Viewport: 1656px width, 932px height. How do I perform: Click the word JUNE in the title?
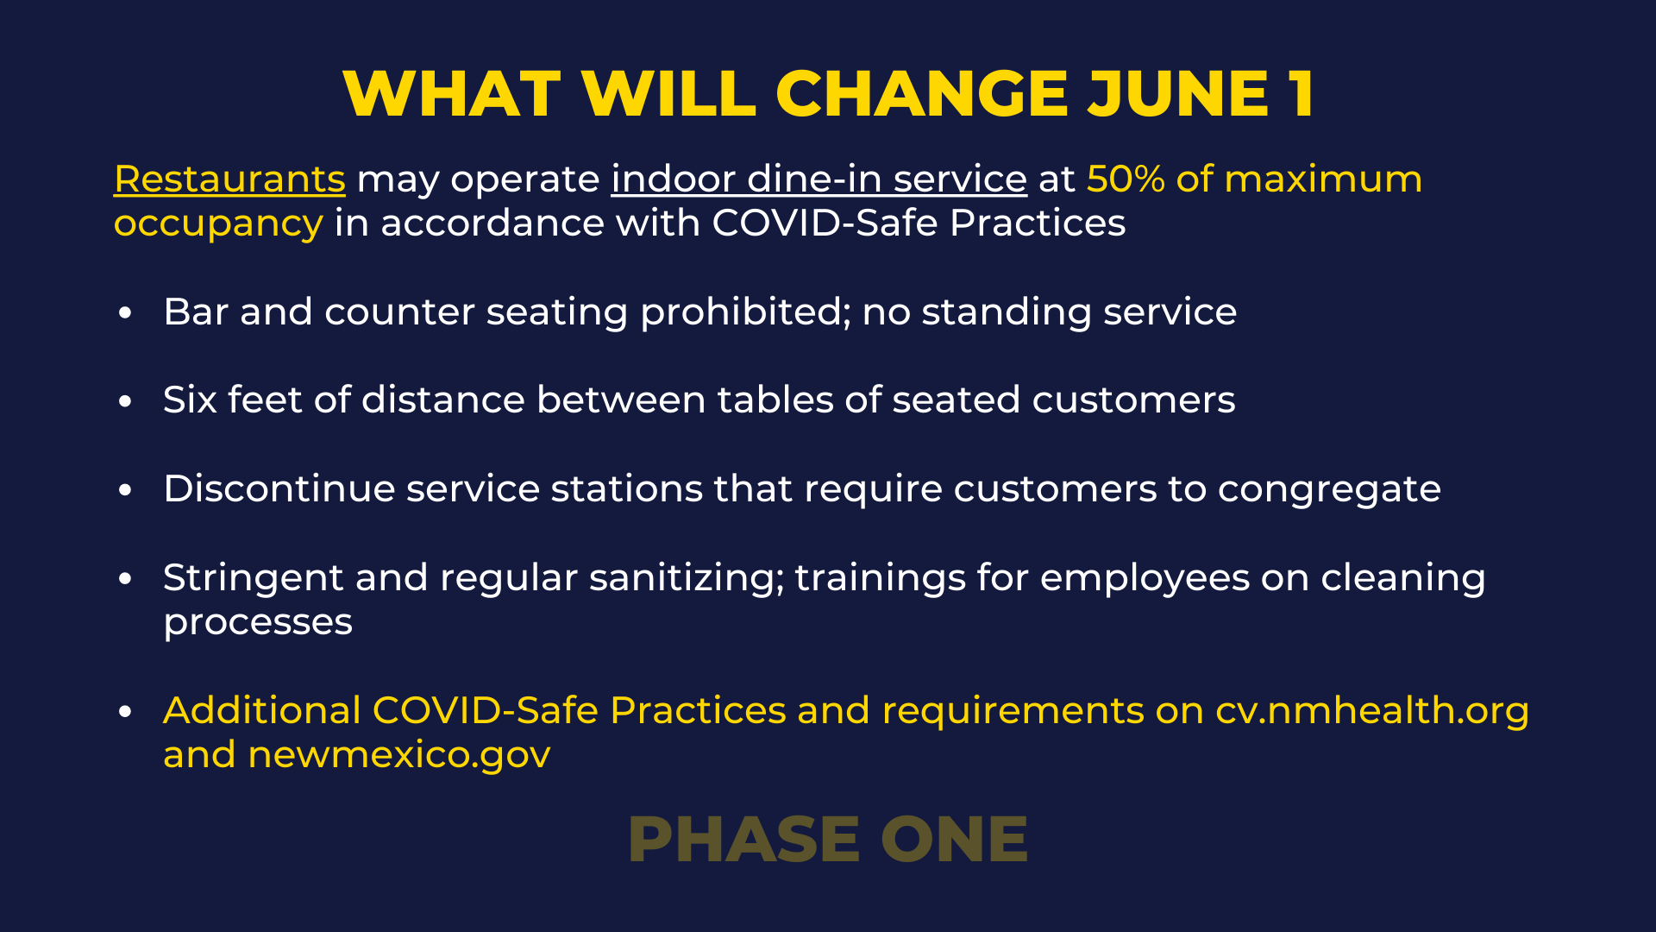tap(1177, 93)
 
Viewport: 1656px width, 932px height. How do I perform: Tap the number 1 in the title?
tap(1302, 93)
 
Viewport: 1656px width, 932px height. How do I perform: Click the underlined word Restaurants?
tap(229, 179)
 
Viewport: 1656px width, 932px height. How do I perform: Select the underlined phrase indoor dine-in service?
tap(819, 179)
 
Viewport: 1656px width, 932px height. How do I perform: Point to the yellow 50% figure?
tap(1126, 179)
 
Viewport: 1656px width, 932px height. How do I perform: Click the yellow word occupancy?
tap(218, 224)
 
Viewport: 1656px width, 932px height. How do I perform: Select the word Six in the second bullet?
tap(190, 400)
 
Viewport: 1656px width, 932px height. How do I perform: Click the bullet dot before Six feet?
tap(126, 401)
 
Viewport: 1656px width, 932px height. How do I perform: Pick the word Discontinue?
tap(279, 488)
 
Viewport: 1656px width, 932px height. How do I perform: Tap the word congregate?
tap(1329, 490)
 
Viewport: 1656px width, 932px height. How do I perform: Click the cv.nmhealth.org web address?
tap(1372, 711)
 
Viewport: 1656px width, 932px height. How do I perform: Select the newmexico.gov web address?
tap(399, 756)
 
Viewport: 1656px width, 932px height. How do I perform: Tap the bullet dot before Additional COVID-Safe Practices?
tap(126, 712)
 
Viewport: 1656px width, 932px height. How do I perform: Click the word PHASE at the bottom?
tap(744, 839)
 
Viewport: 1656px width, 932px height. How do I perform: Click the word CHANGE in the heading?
tap(922, 93)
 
